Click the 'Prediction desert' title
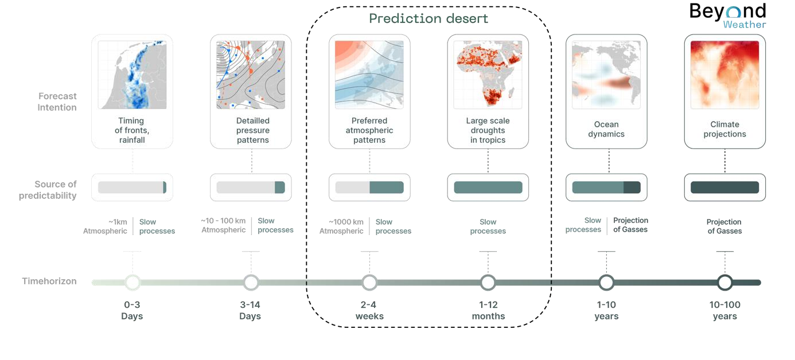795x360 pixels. (x=428, y=18)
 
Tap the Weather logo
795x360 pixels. (x=744, y=18)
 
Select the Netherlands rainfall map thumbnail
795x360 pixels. (x=132, y=75)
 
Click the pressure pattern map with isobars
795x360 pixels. (x=251, y=75)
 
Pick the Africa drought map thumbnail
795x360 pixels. (x=488, y=75)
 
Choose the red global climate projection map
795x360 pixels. (x=724, y=75)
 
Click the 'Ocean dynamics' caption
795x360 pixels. (x=606, y=129)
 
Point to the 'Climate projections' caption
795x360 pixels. (x=724, y=129)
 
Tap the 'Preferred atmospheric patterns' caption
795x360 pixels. (x=369, y=130)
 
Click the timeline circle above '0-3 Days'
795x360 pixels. (x=132, y=282)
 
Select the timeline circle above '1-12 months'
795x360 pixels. (x=488, y=282)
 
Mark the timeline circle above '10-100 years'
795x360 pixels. (x=725, y=282)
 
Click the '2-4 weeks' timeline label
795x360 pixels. (x=369, y=311)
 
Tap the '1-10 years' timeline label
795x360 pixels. (x=606, y=311)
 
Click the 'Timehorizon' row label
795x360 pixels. (x=49, y=281)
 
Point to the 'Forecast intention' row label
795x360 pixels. (x=57, y=101)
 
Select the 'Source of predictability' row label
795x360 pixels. (x=55, y=190)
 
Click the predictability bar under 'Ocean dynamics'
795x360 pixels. (x=606, y=187)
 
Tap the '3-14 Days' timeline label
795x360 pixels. (x=251, y=311)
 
